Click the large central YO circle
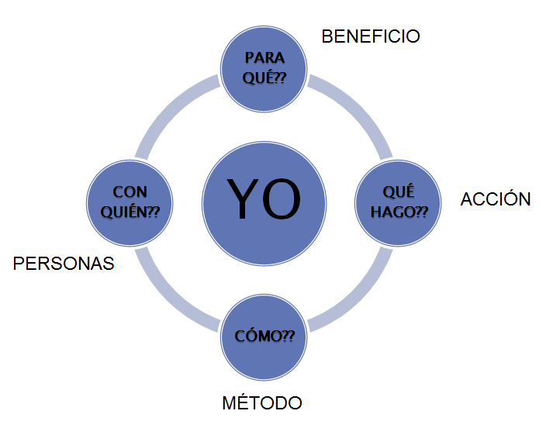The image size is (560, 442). click(264, 200)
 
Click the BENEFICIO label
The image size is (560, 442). click(371, 36)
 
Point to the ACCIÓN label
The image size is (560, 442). click(496, 199)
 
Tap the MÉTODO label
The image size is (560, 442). click(261, 403)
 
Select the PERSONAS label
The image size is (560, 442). click(64, 264)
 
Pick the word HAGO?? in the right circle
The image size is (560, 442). click(399, 212)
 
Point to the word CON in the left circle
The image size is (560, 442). click(130, 192)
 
